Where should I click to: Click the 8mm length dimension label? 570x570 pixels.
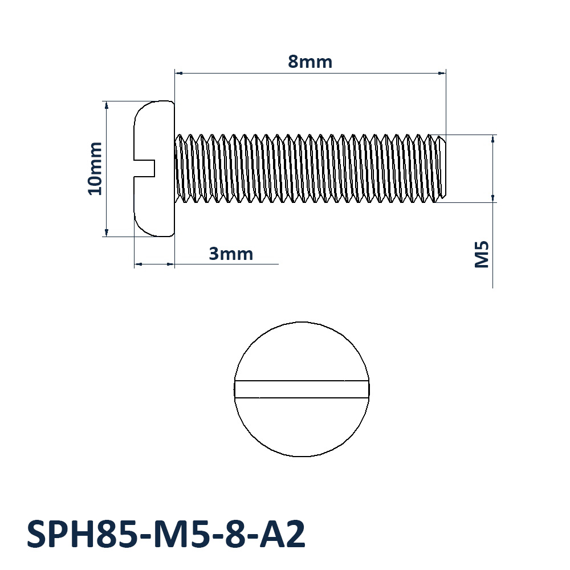(x=310, y=62)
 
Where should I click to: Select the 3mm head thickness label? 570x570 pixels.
(x=231, y=254)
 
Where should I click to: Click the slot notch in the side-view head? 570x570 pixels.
(x=145, y=168)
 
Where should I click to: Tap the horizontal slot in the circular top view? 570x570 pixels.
(x=302, y=389)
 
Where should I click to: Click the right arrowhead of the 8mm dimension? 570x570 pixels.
(x=442, y=73)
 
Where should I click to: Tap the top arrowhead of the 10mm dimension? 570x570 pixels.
(x=106, y=105)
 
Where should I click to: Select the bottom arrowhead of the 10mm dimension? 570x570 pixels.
(x=106, y=232)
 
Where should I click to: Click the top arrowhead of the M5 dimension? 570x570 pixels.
(x=493, y=139)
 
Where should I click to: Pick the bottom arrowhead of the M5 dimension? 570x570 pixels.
(x=493, y=198)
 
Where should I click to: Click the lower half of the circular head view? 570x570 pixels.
(x=302, y=427)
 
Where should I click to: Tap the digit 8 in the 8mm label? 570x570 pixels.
(x=294, y=62)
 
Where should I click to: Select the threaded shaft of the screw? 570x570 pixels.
(x=308, y=169)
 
